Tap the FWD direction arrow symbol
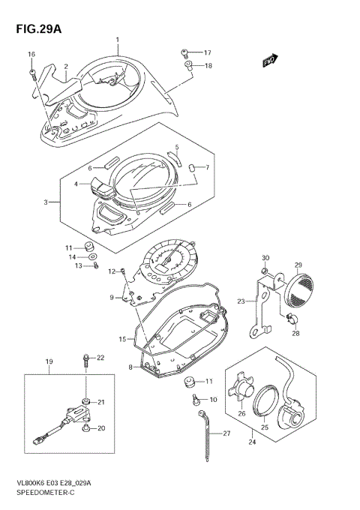click(270, 61)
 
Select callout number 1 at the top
click(117, 38)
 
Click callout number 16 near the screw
click(31, 55)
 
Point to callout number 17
click(208, 52)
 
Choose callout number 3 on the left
click(46, 202)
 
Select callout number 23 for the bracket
click(241, 302)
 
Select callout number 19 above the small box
click(49, 361)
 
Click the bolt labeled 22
click(88, 360)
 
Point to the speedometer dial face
click(174, 266)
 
